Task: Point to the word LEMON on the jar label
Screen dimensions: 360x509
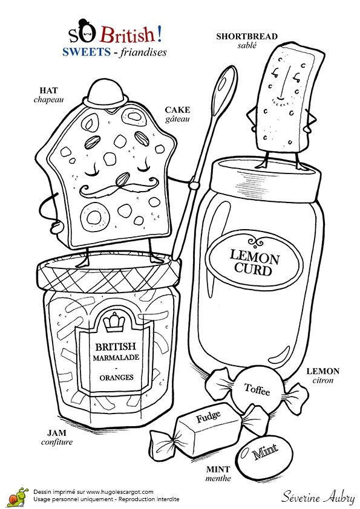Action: click(x=254, y=256)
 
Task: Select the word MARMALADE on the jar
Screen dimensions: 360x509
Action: click(x=116, y=357)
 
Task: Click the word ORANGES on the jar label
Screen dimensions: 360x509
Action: click(x=116, y=377)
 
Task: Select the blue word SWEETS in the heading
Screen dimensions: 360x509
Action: click(x=87, y=51)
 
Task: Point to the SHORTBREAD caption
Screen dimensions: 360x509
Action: click(x=247, y=36)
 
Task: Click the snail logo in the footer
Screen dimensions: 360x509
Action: click(x=18, y=496)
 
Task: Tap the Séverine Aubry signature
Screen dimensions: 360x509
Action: click(x=318, y=496)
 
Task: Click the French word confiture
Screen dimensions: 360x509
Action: click(x=57, y=442)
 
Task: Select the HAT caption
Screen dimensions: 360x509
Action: click(x=49, y=90)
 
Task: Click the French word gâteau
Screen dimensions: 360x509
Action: click(x=177, y=119)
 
